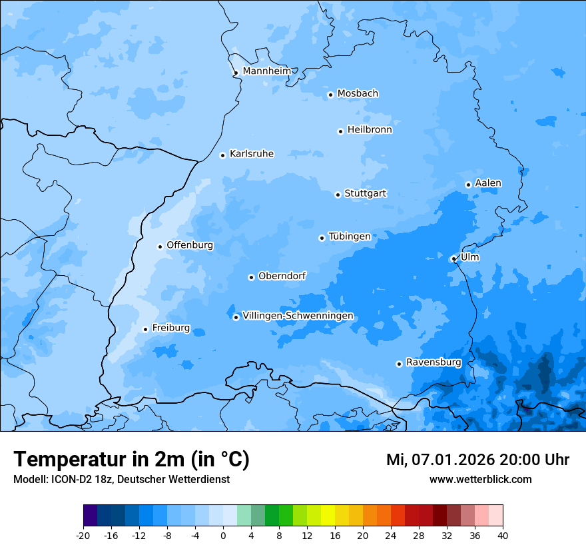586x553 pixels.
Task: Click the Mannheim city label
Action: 266,71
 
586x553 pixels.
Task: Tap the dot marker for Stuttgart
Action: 338,195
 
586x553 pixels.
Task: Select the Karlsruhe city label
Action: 252,154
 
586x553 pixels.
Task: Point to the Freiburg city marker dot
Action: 145,329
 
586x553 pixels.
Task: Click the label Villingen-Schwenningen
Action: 298,316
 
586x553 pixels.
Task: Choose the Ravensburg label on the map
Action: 434,362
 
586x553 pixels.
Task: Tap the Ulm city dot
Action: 453,259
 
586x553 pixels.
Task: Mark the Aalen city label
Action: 488,183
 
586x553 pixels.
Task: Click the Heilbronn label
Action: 370,130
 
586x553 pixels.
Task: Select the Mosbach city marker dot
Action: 330,95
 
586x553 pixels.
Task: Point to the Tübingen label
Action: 350,237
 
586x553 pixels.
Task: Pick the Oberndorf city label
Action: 282,276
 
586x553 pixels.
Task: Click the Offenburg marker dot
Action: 160,247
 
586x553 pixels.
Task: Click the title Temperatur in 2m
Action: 131,460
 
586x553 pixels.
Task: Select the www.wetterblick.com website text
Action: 480,479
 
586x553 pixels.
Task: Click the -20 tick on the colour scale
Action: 83,535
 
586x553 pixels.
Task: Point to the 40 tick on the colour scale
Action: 503,535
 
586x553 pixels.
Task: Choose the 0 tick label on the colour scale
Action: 223,535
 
